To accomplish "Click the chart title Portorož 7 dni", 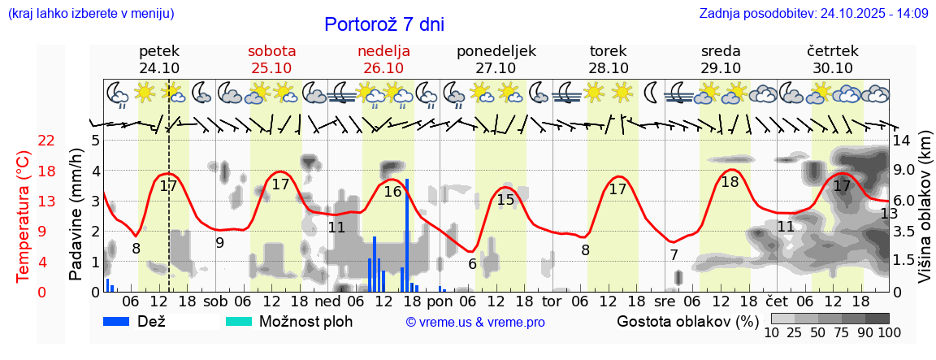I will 383,24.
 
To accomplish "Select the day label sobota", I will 271,50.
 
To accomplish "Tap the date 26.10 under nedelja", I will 383,67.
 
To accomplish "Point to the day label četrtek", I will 832,50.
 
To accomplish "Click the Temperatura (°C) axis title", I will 24,216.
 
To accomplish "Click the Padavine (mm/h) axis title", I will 76,215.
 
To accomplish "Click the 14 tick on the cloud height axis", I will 903,140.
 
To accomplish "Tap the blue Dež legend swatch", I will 122,321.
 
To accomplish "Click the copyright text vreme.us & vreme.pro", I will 475,323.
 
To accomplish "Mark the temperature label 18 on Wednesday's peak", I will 730,182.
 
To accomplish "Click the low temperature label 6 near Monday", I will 472,263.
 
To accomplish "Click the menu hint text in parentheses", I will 91,14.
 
